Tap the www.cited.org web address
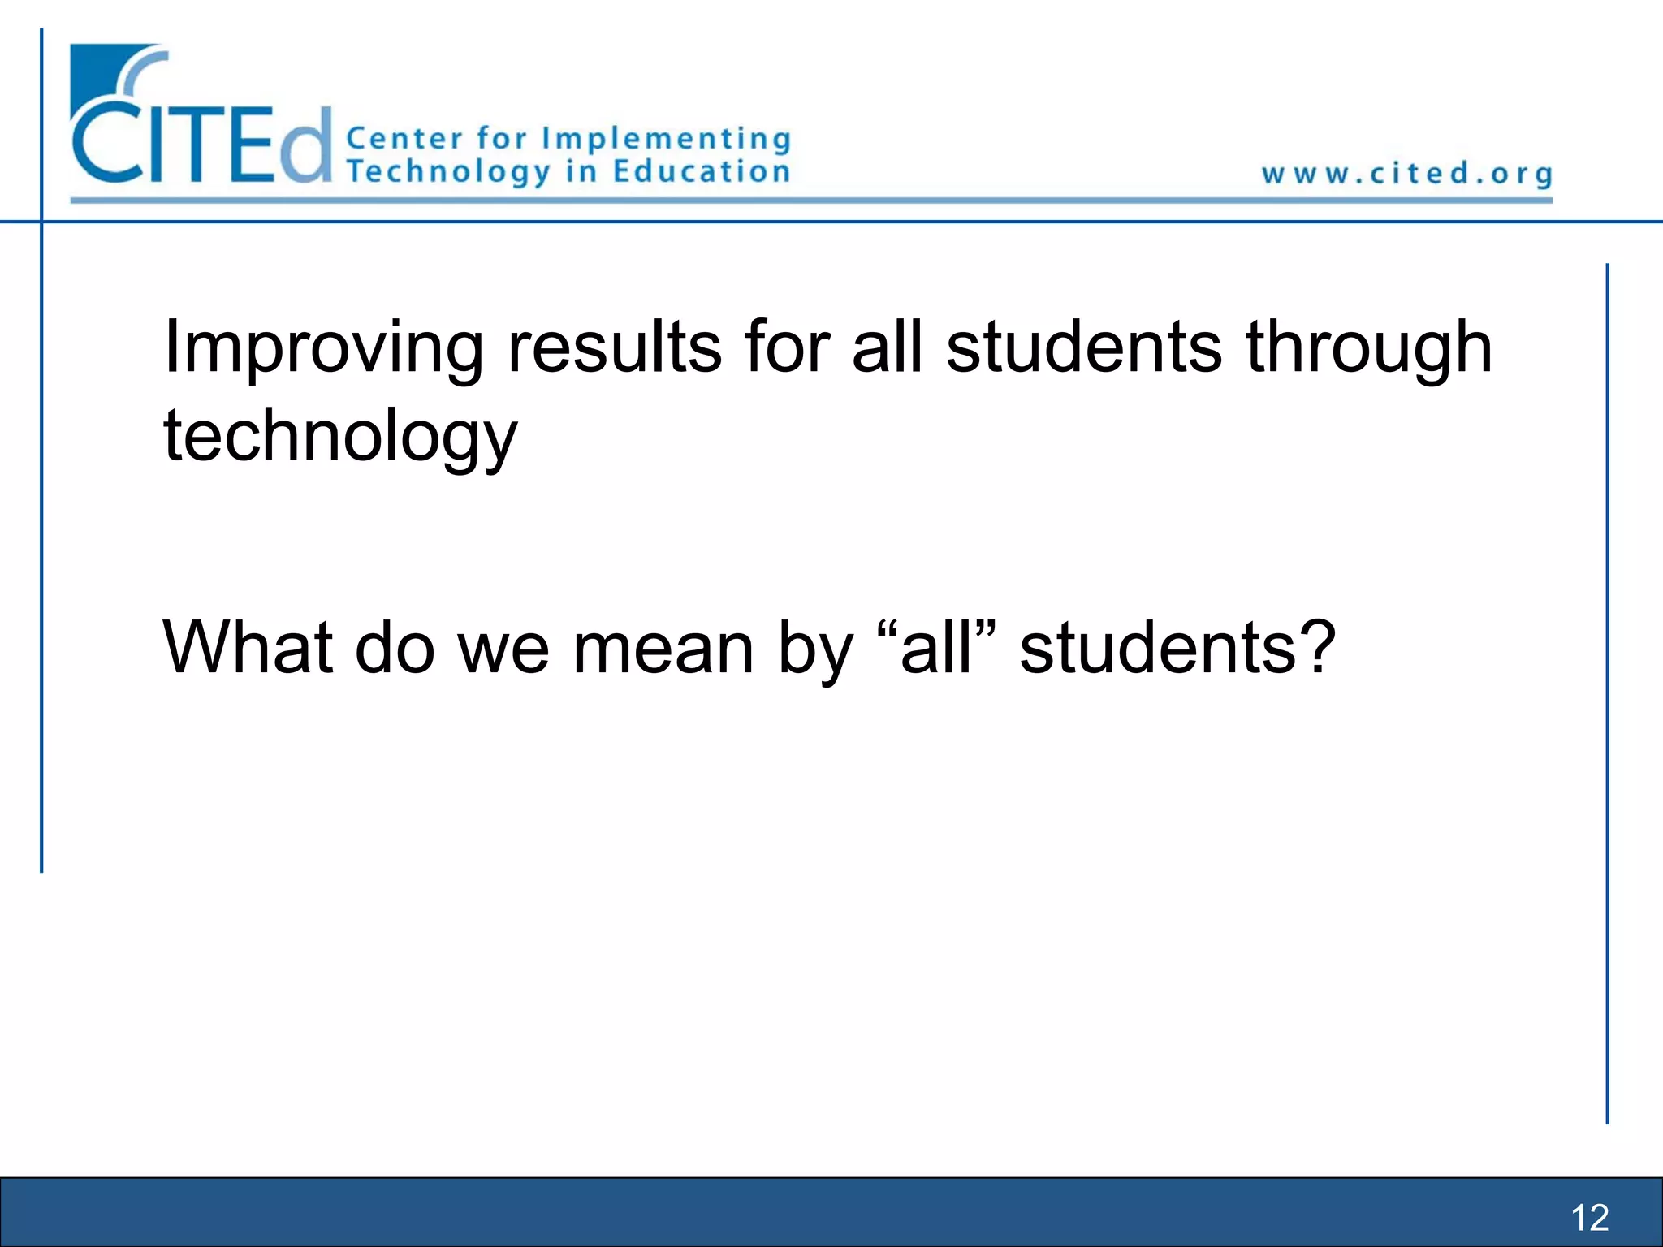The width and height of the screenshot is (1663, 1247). pos(1406,174)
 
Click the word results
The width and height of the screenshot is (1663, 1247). pos(614,347)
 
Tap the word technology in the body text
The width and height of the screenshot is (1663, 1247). pos(339,437)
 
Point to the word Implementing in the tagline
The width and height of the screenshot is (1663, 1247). pos(666,140)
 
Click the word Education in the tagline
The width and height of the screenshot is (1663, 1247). pos(702,171)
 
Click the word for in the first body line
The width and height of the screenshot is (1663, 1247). pos(787,347)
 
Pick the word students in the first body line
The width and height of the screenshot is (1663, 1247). pos(1083,347)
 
